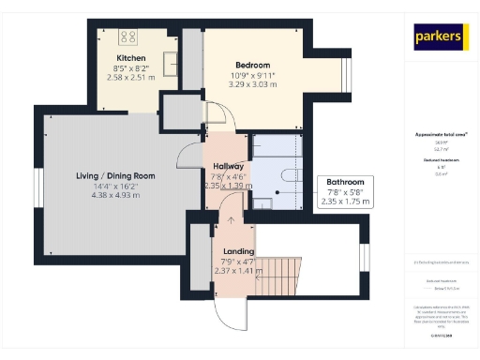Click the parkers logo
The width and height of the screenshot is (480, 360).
pyautogui.click(x=441, y=37)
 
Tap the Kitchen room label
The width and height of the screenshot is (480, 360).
pyautogui.click(x=130, y=58)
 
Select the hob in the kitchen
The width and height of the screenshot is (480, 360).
pyautogui.click(x=127, y=38)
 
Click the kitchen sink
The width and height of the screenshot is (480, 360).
pyautogui.click(x=172, y=63)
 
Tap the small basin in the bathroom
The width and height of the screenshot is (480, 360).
pyautogui.click(x=266, y=200)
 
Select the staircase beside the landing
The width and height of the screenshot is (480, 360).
pyautogui.click(x=280, y=277)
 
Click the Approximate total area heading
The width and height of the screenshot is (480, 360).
pyautogui.click(x=441, y=134)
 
